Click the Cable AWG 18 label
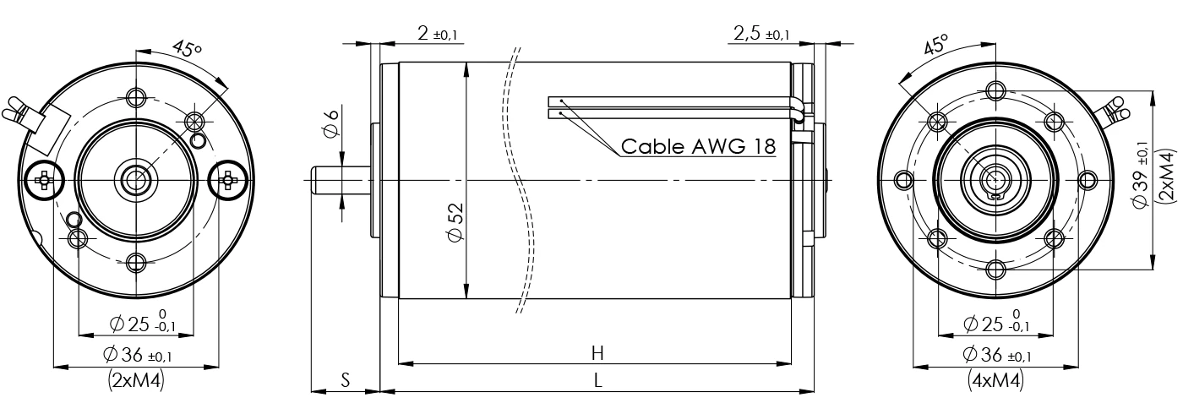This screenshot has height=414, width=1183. click(x=698, y=145)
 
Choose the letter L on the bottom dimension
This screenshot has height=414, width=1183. click(x=597, y=380)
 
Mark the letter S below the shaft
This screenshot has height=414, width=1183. click(x=345, y=380)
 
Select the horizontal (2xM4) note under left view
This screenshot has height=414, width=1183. click(x=136, y=381)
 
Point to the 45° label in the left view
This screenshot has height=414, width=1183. click(x=187, y=49)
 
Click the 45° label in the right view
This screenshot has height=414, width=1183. click(x=935, y=45)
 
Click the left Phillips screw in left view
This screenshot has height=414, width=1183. click(x=43, y=178)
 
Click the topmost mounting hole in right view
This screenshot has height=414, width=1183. click(x=996, y=90)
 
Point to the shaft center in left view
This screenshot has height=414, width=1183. click(x=134, y=179)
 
